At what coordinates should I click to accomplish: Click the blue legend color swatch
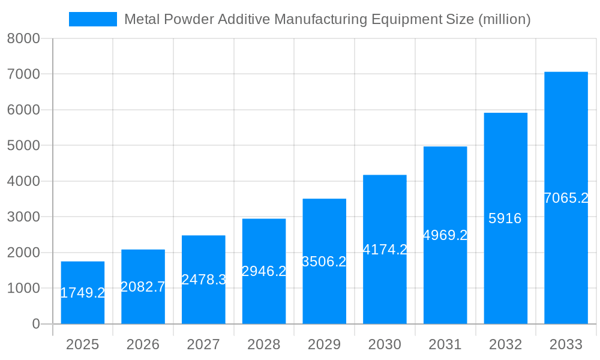(93, 19)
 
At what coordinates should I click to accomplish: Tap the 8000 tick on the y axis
(23, 38)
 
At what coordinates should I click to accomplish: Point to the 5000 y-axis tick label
(23, 146)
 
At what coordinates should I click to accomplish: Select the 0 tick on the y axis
(35, 324)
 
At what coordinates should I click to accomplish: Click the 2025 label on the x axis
(82, 344)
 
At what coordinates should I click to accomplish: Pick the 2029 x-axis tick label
(324, 344)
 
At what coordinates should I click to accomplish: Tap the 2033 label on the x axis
(566, 344)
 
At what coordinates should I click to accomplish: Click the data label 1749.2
(83, 293)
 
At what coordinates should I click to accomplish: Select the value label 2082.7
(143, 287)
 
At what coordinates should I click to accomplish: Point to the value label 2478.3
(203, 279)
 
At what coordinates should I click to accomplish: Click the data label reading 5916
(505, 218)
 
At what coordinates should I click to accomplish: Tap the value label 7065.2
(566, 198)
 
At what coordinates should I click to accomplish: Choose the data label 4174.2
(385, 250)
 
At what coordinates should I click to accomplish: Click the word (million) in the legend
(503, 19)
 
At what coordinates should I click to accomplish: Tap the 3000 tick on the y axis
(23, 217)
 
